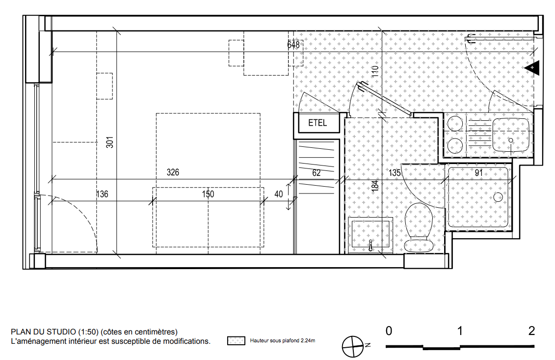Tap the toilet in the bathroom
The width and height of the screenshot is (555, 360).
pos(419,227)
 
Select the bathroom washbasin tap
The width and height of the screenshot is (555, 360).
pos(370,245)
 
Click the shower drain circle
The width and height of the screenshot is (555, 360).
pos(498,196)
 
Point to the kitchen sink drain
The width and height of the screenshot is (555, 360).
pos(511,140)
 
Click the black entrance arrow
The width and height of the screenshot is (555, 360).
pos(532,68)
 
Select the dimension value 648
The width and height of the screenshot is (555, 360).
pos(293,45)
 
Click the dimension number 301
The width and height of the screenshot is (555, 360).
pos(110,142)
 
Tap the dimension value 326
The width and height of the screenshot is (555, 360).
pos(173,172)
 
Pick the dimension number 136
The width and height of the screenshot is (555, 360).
pos(102,194)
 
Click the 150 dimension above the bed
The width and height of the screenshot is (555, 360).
pos(208,194)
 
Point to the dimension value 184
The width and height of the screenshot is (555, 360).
pos(375,186)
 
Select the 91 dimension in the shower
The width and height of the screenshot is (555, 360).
pos(478,172)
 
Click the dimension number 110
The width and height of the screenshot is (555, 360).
pos(375,71)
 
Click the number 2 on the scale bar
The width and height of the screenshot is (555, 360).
pos(531,331)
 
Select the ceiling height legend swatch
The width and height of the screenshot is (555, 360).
pos(236,341)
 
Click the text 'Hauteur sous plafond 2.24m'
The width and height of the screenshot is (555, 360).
pos(283,340)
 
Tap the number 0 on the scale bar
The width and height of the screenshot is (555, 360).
pos(389,331)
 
